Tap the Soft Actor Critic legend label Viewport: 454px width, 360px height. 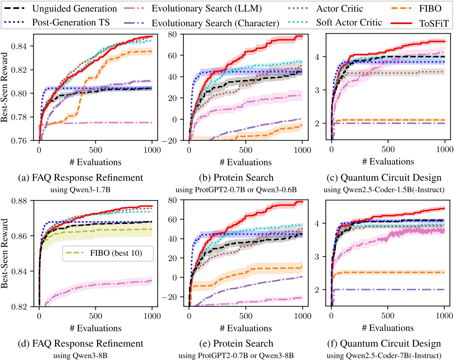tap(349, 22)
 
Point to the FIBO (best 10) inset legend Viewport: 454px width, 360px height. tap(108, 253)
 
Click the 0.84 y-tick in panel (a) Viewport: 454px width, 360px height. tap(19, 46)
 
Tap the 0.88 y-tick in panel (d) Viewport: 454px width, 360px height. tap(19, 201)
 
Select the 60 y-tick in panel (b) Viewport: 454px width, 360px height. tap(172, 55)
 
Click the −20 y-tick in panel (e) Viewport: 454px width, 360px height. tap(169, 297)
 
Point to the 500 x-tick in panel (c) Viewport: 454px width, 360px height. tap(388, 149)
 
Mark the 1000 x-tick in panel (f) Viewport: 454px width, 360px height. tap(444, 316)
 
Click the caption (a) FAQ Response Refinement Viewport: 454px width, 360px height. tap(81, 178)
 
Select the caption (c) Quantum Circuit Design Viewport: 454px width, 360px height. tap(384, 178)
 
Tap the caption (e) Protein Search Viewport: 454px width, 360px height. tap(236, 344)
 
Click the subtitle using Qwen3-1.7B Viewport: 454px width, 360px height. tap(80, 190)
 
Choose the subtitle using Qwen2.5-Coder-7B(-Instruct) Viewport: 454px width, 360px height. tap(384, 356)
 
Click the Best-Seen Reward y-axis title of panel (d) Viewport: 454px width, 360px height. tap(4, 253)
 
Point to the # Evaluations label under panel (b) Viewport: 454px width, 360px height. tap(246, 162)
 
